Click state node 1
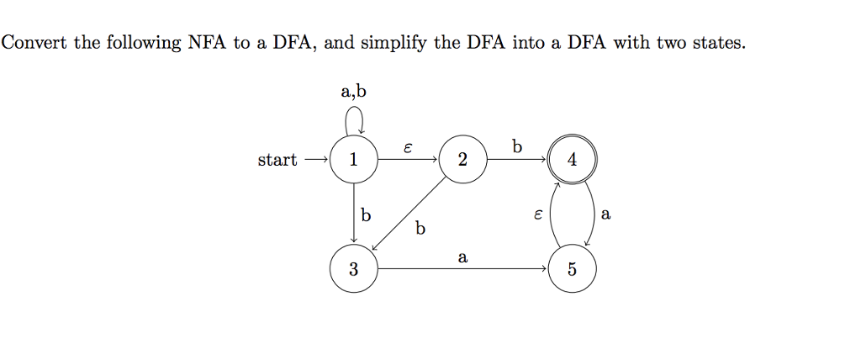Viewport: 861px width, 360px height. coord(354,160)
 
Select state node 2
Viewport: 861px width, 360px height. coord(462,160)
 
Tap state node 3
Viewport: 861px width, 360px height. coord(354,270)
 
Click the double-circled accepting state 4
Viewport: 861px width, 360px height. coord(572,160)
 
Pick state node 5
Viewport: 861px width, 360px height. coord(572,270)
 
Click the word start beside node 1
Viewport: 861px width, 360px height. coord(277,160)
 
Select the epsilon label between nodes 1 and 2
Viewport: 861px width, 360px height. coord(408,147)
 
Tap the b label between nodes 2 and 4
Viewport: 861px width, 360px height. coord(516,146)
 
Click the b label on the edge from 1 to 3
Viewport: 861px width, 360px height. coord(365,214)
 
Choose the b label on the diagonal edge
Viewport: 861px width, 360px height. coord(420,227)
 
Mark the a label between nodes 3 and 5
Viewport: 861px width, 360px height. coord(462,257)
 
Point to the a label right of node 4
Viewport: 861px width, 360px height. coord(606,214)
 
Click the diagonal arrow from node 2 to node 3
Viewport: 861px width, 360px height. coord(409,214)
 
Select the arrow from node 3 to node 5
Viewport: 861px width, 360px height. coord(462,270)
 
